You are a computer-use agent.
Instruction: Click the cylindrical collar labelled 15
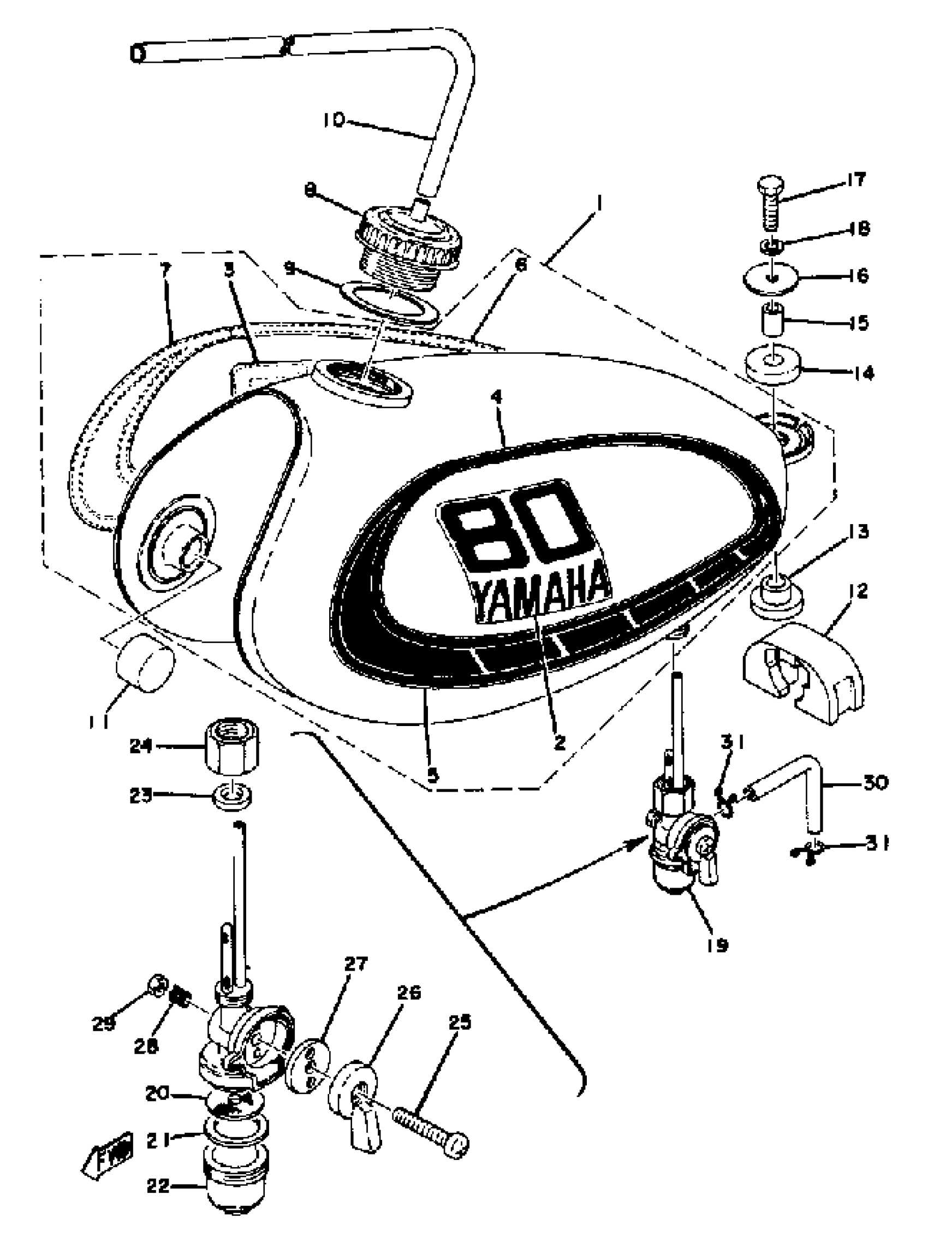(773, 320)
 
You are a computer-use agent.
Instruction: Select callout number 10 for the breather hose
(334, 120)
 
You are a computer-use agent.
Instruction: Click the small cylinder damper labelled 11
(145, 660)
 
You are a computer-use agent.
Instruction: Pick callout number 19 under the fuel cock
(718, 945)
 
